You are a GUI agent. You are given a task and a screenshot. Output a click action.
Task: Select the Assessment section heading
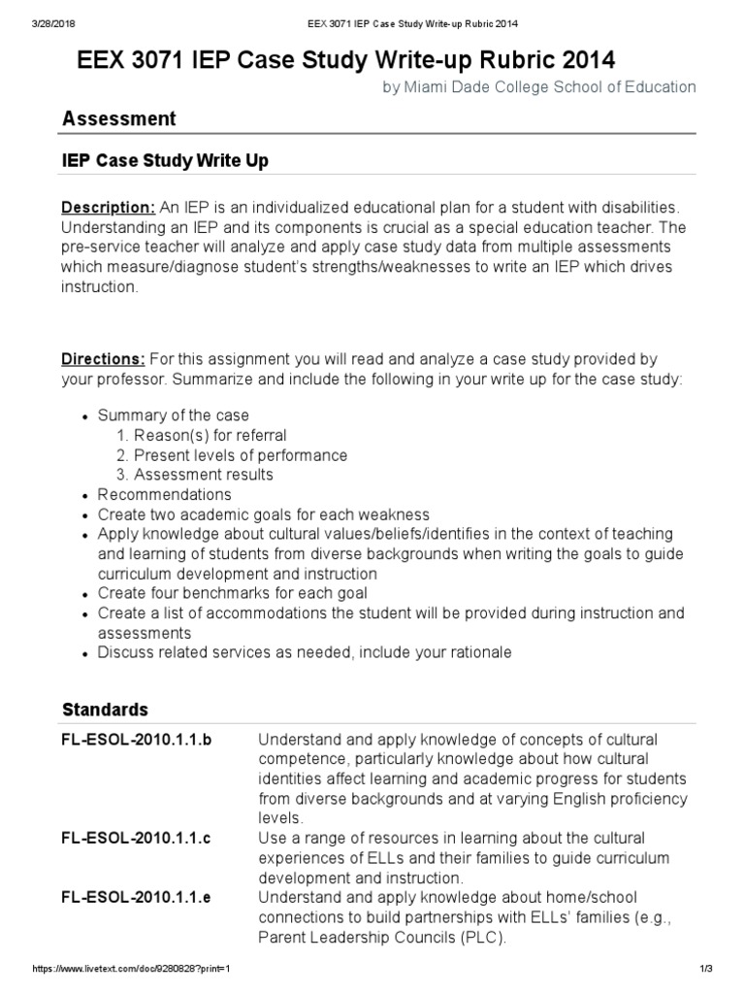coord(119,118)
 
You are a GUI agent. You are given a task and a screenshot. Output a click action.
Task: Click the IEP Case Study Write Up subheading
coord(165,159)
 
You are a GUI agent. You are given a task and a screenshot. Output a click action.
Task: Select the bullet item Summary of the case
coord(173,415)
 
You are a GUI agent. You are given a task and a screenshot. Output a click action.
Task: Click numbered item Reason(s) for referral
coord(210,435)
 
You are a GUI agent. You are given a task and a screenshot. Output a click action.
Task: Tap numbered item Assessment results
coord(203,475)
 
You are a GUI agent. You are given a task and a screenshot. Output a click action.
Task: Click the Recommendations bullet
coord(165,494)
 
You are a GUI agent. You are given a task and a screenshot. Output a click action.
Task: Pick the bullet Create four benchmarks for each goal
coord(232,593)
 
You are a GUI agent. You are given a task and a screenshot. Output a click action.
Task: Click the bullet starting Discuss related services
coord(305,652)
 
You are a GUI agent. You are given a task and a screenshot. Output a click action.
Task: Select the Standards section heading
coord(106,709)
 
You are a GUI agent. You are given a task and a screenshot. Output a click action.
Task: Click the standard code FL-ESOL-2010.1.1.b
coord(136,740)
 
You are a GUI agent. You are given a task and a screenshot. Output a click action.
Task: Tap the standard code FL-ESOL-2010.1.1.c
coord(136,838)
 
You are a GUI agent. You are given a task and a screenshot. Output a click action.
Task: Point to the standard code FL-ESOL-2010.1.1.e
coord(136,898)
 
